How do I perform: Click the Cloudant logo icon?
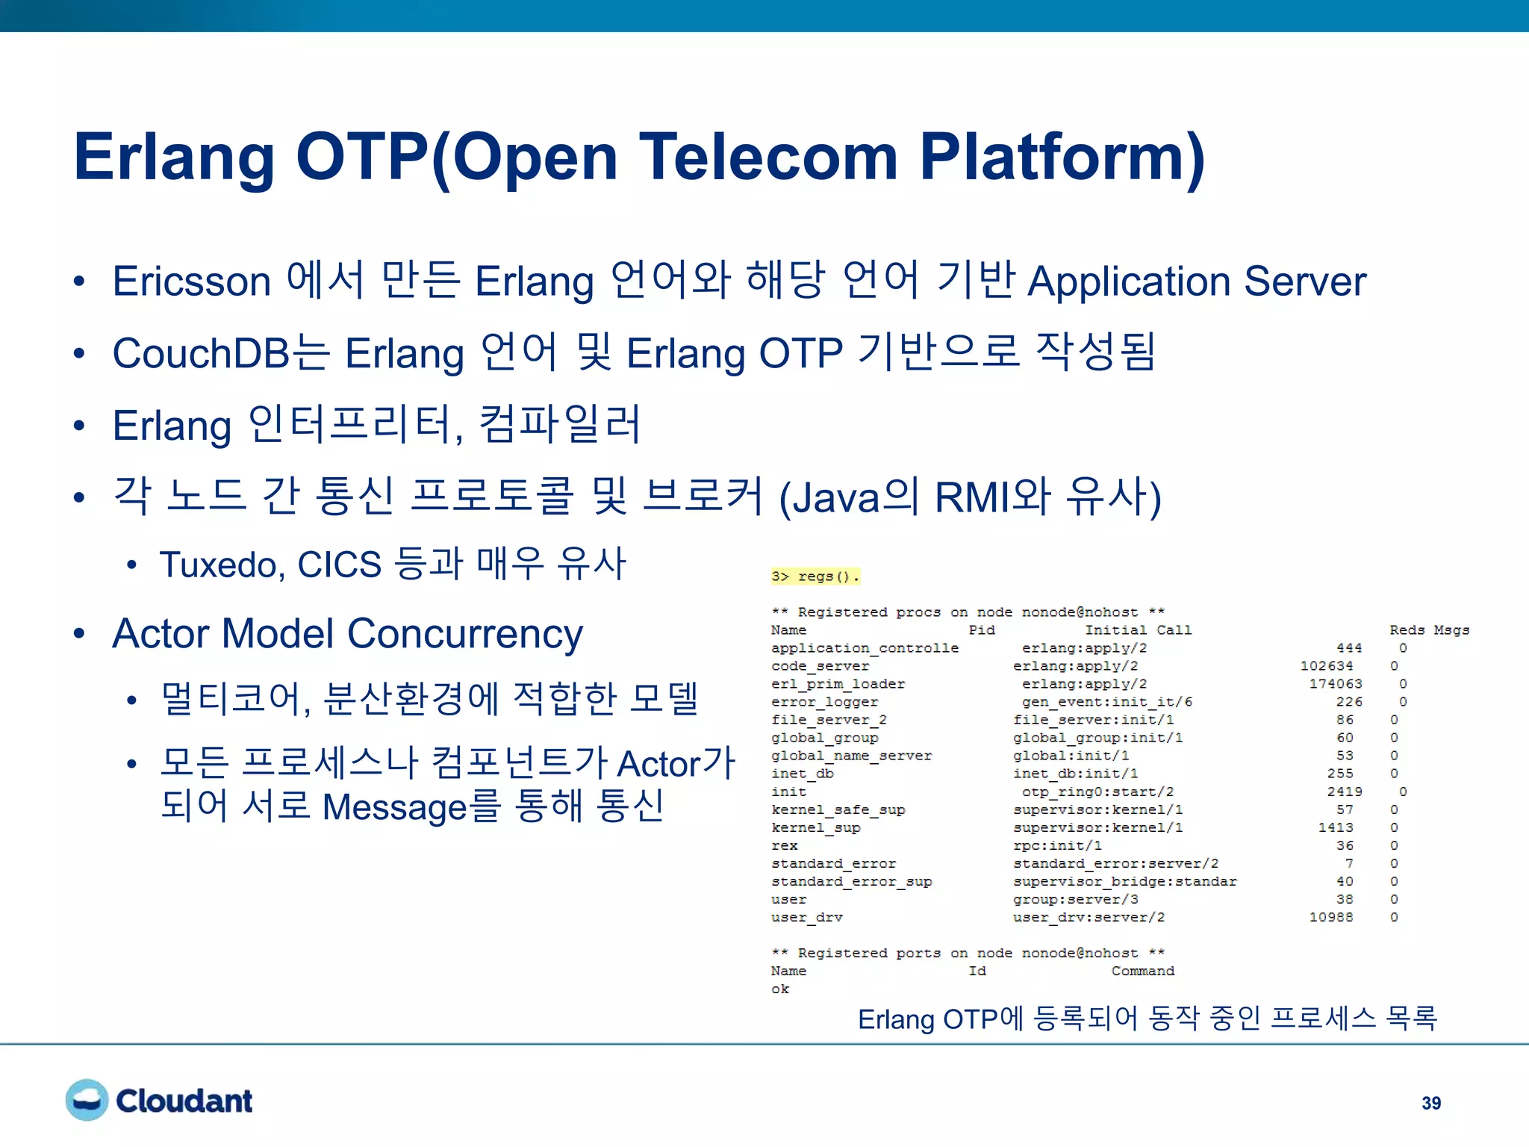87,1100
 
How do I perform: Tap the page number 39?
1430,1103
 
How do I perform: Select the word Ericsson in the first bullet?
192,282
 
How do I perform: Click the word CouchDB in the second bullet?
200,353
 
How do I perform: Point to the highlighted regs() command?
816,576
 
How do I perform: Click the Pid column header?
981,630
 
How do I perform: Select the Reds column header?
1407,630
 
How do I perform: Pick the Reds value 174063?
1335,684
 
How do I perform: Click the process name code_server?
820,666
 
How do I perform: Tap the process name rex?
784,845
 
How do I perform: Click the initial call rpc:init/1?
1057,845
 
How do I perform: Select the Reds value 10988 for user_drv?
1330,917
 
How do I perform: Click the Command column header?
1142,971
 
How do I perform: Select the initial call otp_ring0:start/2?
1097,792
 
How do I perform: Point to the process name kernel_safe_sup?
838,809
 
